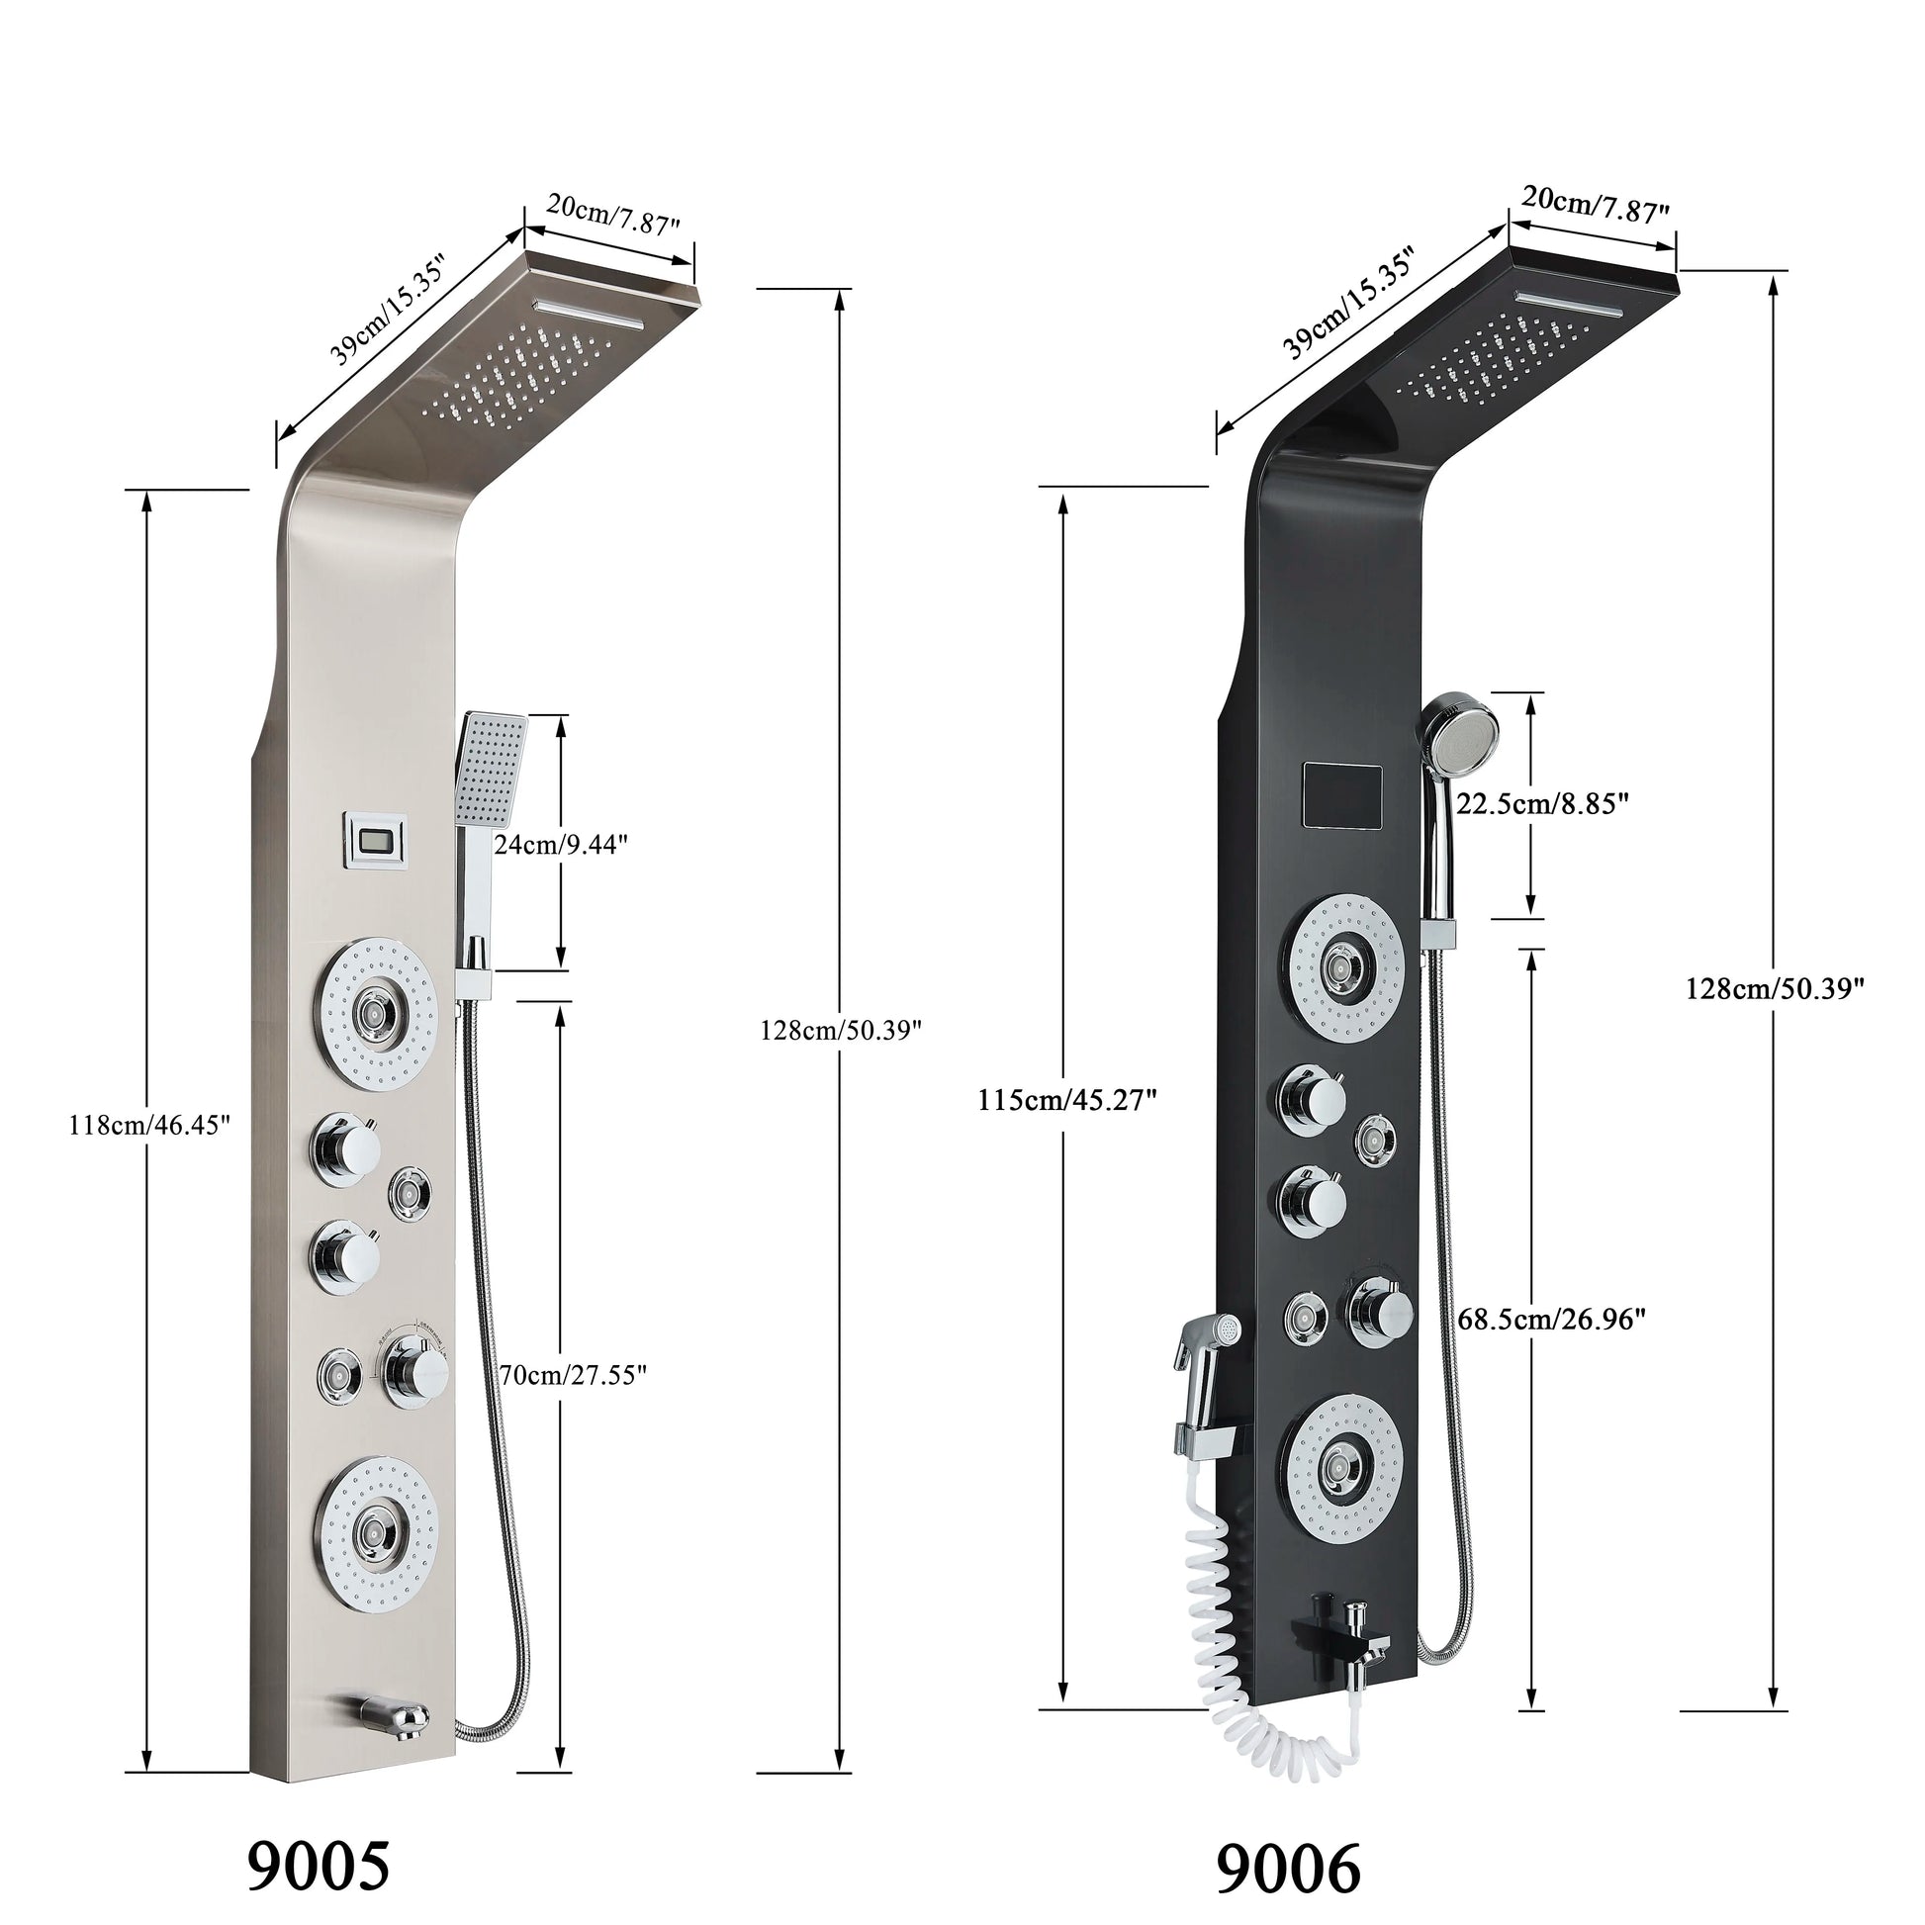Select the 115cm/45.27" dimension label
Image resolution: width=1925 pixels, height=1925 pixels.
(1069, 1100)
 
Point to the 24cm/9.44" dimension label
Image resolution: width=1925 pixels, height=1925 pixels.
(561, 845)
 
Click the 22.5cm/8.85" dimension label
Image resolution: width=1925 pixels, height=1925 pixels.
(1542, 804)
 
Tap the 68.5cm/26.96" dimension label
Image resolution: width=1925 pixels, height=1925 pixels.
(1550, 1321)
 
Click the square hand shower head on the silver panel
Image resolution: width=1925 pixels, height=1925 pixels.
(492, 769)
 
